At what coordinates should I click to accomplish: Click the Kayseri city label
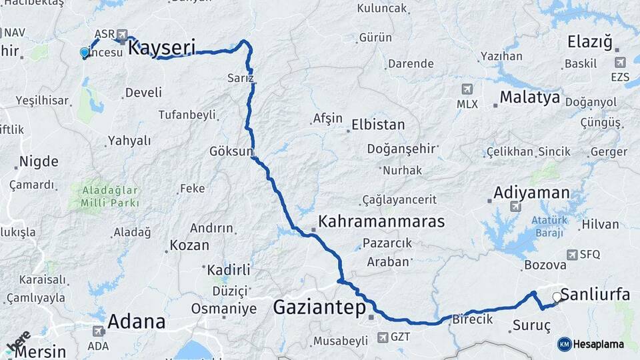point(161,47)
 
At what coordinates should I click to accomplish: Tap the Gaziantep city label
point(320,308)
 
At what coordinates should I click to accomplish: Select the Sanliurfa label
point(595,295)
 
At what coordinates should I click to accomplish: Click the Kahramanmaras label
point(381,221)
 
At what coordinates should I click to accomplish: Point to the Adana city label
point(136,322)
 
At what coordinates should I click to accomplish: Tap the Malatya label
point(530,97)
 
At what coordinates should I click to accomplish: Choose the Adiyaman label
point(531,193)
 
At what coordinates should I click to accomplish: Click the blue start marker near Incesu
point(85,52)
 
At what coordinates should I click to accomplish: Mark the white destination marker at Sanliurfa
point(557,297)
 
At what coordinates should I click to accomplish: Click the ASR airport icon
point(121,35)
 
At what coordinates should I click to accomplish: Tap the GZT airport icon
point(382,337)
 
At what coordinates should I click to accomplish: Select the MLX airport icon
point(467,89)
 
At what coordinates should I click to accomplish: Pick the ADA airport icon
point(99,331)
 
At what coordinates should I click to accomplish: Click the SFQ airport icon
point(572,255)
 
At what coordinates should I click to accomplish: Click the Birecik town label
point(472,319)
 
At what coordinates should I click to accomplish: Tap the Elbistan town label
point(378,125)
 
